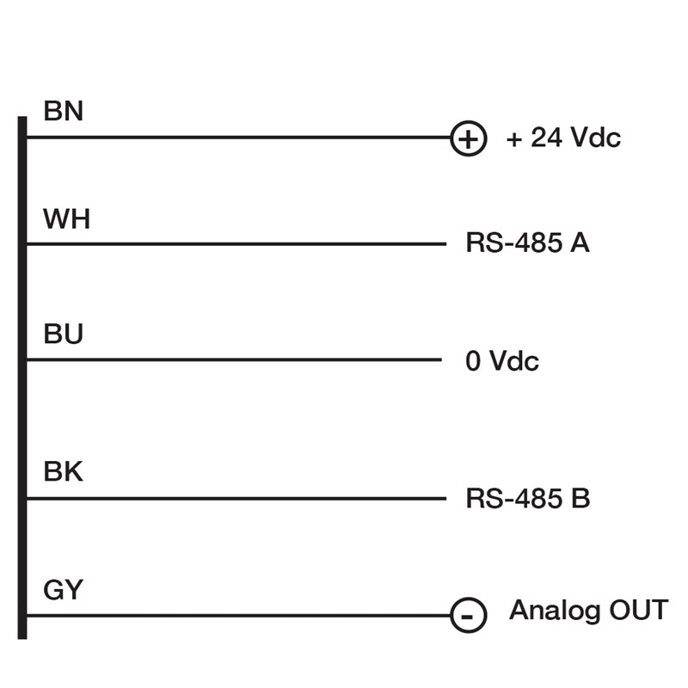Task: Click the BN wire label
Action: coord(63,112)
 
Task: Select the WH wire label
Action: coord(66,219)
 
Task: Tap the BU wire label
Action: coord(63,335)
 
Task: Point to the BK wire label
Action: coord(63,472)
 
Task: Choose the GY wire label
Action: coord(63,590)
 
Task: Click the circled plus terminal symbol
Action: coord(469,138)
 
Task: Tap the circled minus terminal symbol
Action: coord(469,616)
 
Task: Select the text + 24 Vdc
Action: coord(563,138)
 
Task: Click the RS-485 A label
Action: coord(527,243)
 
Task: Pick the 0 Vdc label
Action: coord(502,360)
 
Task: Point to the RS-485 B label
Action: coord(527,499)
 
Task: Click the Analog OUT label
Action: coord(588,611)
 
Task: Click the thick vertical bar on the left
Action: coord(22,378)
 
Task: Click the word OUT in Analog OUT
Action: coord(637,611)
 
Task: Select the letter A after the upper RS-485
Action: coord(580,243)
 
